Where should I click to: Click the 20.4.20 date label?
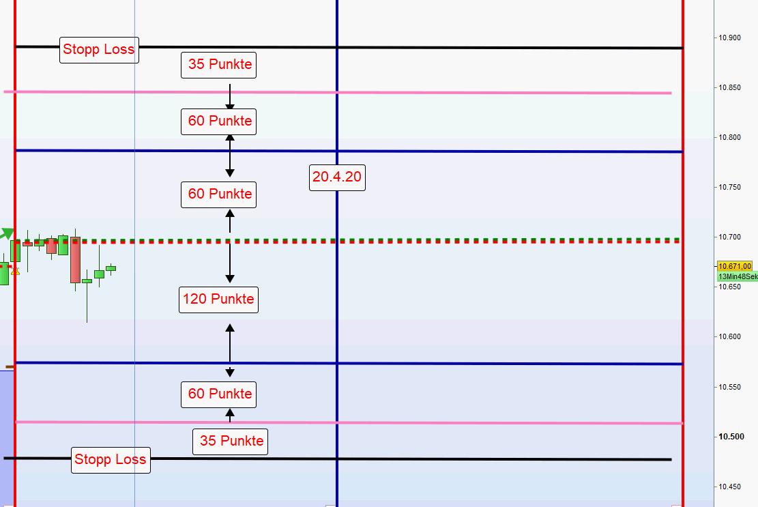click(x=337, y=177)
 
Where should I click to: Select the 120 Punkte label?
click(x=218, y=299)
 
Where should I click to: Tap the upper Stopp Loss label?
click(x=99, y=49)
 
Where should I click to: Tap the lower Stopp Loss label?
click(x=111, y=459)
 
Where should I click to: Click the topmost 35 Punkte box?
click(x=220, y=66)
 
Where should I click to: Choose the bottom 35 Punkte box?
click(x=231, y=441)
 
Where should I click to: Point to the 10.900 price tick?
click(x=729, y=38)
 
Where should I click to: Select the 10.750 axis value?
click(x=729, y=188)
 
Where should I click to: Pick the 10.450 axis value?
click(x=729, y=487)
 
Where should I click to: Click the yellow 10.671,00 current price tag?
click(x=735, y=266)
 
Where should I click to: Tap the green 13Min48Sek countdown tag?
click(x=738, y=276)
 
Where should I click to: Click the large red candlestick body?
click(x=75, y=259)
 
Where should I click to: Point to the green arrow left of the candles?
click(x=6, y=234)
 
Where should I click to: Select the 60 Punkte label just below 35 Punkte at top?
click(x=220, y=121)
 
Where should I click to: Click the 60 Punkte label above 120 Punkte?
click(x=220, y=194)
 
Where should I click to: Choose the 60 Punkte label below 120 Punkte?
click(x=220, y=394)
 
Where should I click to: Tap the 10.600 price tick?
click(x=729, y=337)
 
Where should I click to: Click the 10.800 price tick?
click(x=729, y=138)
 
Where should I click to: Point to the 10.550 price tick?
click(x=729, y=387)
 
